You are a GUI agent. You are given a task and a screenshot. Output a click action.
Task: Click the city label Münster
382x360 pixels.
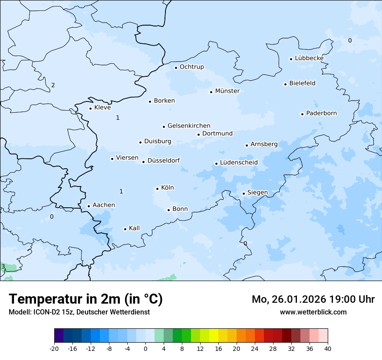[x=227, y=91]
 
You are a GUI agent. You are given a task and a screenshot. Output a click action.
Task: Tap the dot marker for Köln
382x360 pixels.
[x=157, y=189]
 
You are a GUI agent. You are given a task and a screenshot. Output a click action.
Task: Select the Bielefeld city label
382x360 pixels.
[x=302, y=83]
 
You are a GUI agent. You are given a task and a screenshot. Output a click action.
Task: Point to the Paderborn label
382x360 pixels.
[x=321, y=113]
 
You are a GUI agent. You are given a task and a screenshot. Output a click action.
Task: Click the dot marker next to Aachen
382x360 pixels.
[x=89, y=206]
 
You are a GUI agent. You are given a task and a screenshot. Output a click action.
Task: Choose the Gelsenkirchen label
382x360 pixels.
[x=189, y=126]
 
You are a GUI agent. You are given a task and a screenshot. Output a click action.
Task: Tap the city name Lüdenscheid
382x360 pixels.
[x=239, y=163]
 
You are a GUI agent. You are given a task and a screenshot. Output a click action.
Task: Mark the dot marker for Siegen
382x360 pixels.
[x=244, y=194]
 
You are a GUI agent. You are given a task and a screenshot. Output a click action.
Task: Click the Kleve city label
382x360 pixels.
[x=102, y=108]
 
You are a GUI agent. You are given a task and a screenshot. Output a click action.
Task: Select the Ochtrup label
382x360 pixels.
[x=191, y=67]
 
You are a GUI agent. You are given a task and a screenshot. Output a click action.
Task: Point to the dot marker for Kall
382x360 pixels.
[x=125, y=229]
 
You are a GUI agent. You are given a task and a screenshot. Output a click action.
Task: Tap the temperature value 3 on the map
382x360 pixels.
[x=3, y=266]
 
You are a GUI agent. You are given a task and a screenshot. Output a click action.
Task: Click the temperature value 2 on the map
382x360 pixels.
[x=53, y=85]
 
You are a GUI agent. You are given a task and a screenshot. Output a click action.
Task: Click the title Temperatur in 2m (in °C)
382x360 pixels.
[x=86, y=299]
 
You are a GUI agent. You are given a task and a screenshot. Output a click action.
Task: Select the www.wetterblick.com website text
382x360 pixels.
[x=313, y=312]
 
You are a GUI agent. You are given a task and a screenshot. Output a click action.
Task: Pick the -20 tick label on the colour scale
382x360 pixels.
[x=54, y=349]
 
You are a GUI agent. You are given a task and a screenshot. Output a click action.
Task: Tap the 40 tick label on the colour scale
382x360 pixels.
[x=327, y=349]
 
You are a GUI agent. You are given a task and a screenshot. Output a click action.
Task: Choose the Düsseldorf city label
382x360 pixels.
[x=164, y=160]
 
